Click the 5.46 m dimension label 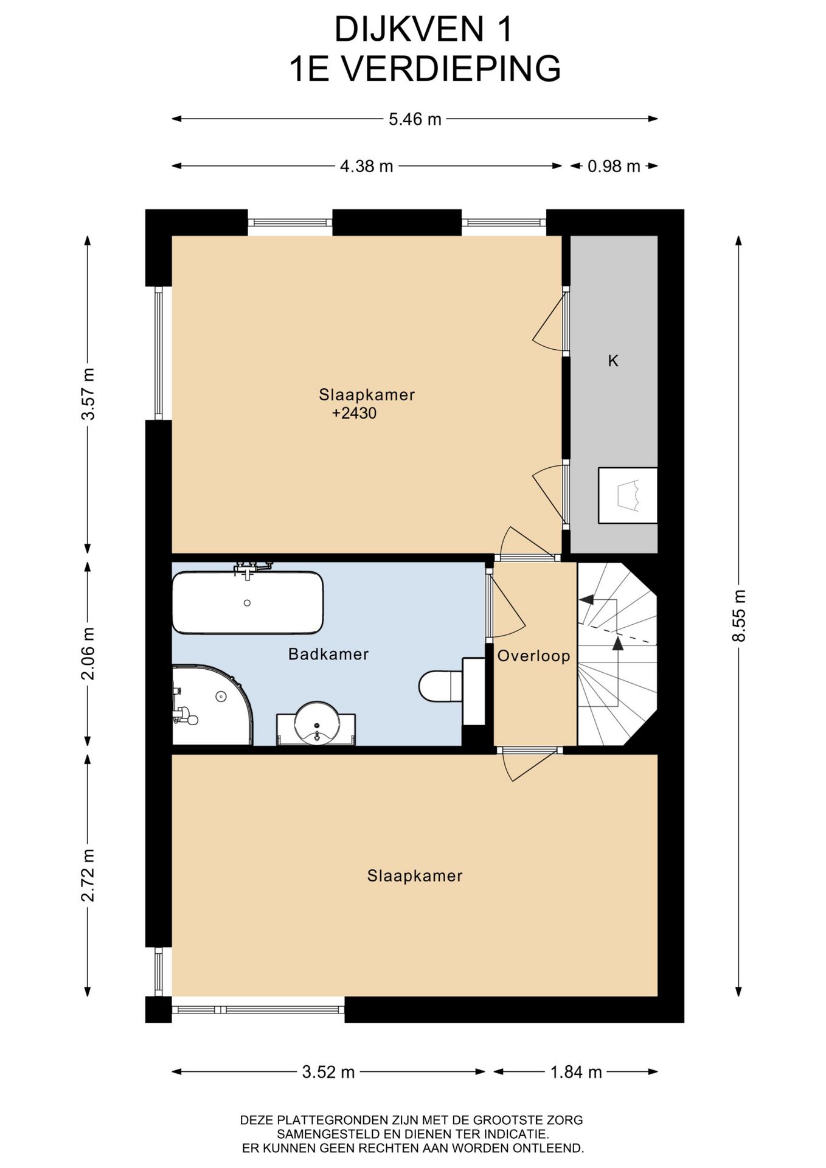(x=415, y=119)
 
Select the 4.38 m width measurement (x=366, y=166)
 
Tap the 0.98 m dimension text (x=614, y=166)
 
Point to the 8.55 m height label (x=738, y=616)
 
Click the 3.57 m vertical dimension (x=88, y=394)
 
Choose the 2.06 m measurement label (x=88, y=654)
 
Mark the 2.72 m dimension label (x=88, y=875)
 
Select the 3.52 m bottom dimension (x=328, y=1072)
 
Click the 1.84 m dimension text (x=575, y=1072)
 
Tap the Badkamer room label (x=328, y=655)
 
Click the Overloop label (x=533, y=656)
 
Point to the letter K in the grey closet (x=613, y=361)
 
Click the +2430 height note (x=354, y=414)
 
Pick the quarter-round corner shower (x=212, y=704)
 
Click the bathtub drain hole (x=247, y=603)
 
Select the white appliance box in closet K (x=628, y=495)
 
